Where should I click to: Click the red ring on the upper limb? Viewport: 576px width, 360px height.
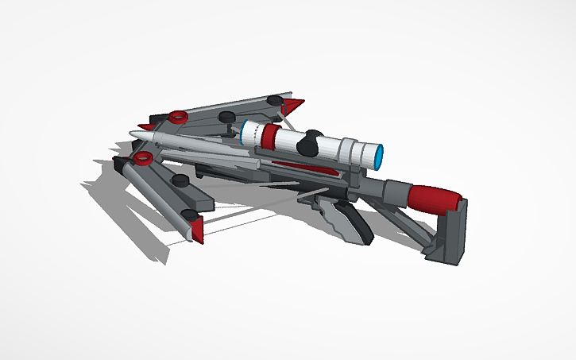[x=177, y=117]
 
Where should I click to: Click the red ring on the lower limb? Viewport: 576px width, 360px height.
[x=143, y=159]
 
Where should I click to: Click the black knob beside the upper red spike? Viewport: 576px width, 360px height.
[x=275, y=100]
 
